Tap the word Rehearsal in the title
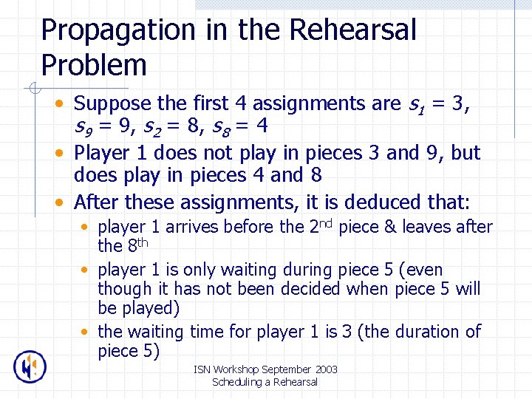[353, 31]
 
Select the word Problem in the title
[94, 65]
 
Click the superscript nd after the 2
[326, 222]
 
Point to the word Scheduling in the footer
[236, 382]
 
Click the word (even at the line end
[420, 270]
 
